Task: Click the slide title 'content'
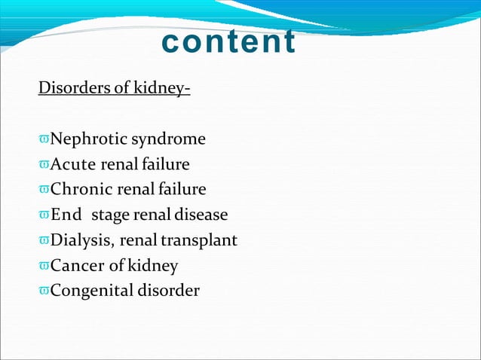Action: point(228,42)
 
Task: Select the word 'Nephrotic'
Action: point(89,139)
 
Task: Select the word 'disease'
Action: point(201,215)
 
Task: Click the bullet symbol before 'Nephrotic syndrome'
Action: point(44,140)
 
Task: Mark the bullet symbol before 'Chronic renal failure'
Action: point(44,191)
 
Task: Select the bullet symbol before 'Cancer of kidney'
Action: point(44,267)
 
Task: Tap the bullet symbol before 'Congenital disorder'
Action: point(44,291)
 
